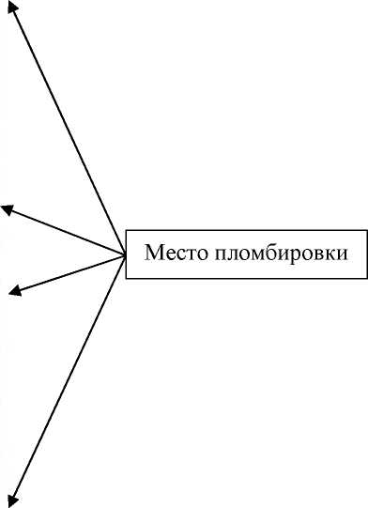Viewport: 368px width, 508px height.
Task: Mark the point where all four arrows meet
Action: (x=126, y=254)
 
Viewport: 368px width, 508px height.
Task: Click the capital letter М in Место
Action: (x=152, y=254)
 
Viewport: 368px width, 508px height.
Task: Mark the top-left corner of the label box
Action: (x=126, y=229)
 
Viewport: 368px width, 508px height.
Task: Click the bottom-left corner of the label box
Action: (x=126, y=280)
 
